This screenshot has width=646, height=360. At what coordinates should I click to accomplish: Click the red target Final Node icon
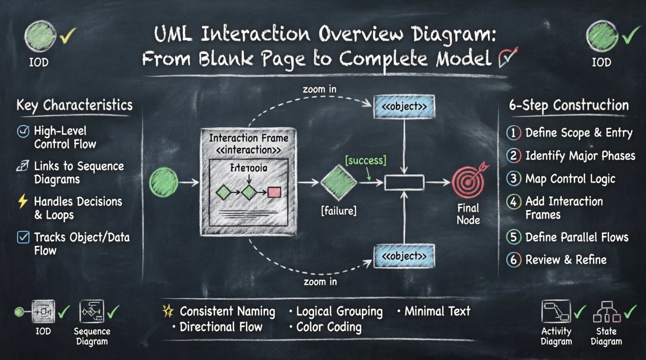(469, 182)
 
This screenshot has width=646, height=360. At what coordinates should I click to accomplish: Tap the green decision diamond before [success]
(339, 182)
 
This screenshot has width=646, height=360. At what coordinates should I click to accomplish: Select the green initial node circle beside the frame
(163, 182)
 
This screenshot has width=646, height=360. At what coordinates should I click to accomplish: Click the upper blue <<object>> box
(404, 107)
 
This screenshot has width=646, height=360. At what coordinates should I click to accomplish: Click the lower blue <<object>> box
(404, 256)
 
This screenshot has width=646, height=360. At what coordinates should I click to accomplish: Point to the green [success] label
(365, 160)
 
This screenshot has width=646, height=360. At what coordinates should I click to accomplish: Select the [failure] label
(339, 211)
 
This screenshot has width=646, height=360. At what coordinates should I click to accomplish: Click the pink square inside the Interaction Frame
(274, 192)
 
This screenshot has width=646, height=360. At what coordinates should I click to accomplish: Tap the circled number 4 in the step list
(513, 202)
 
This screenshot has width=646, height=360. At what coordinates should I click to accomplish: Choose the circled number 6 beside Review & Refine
(513, 260)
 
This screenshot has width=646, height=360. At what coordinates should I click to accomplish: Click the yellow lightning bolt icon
(23, 201)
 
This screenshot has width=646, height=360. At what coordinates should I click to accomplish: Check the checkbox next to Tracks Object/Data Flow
(23, 237)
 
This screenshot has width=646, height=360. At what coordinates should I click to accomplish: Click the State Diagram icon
(606, 312)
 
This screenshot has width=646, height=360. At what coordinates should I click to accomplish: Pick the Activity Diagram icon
(556, 312)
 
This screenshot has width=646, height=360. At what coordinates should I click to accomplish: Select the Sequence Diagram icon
(92, 312)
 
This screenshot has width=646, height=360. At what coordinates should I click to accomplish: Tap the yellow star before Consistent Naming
(168, 311)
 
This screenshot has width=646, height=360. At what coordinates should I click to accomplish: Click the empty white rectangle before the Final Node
(404, 182)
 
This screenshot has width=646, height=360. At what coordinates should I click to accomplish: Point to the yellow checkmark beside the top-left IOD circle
(68, 36)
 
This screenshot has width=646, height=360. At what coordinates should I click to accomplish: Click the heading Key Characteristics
(74, 106)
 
